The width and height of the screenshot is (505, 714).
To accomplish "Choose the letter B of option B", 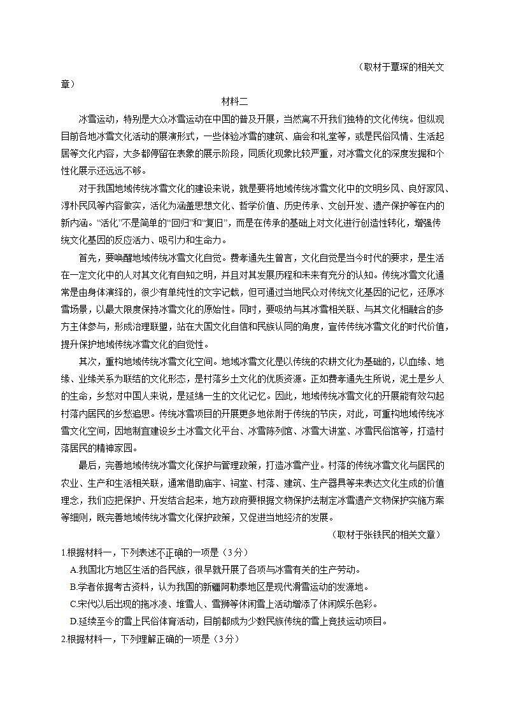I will pos(73,587).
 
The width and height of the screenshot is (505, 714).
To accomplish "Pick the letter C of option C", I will pos(73,604).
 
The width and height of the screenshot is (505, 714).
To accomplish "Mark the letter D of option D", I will pos(73,622).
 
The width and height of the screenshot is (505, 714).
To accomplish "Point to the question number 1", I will pos(63,551).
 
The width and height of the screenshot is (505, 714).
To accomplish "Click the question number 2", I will pos(63,640).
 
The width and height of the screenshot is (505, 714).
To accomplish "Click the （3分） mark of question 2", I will pos(224,640).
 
